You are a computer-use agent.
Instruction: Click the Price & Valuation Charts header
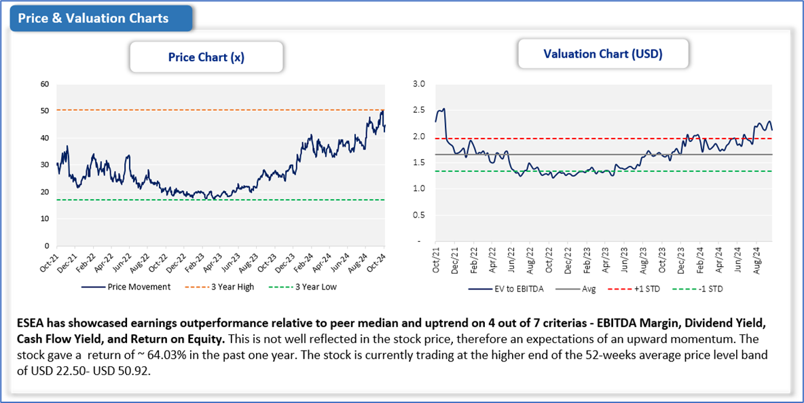[93, 18]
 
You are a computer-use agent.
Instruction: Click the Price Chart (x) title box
[206, 57]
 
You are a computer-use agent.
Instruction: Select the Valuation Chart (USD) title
[603, 53]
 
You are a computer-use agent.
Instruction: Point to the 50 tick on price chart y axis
[45, 111]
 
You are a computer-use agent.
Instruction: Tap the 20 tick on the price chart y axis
[45, 192]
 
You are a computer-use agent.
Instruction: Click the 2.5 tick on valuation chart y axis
[419, 110]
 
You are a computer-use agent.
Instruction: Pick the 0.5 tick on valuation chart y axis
[419, 215]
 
